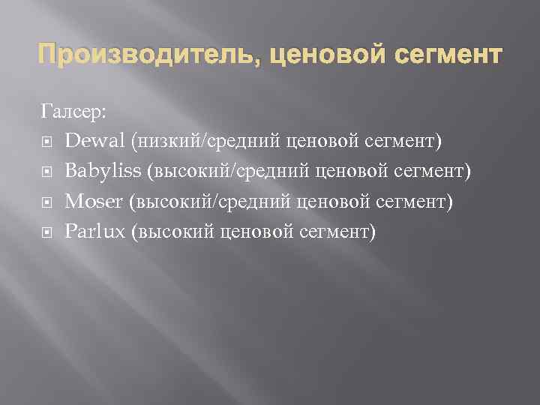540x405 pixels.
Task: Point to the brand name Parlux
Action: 94,232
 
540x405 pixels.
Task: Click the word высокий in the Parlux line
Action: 173,232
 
